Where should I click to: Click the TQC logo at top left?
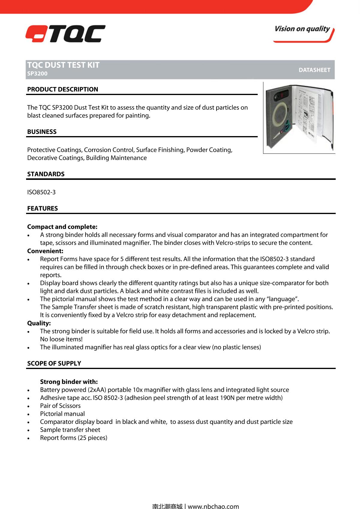click(65, 34)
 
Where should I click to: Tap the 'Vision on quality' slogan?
click(302, 29)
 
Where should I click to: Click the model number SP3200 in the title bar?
click(37, 74)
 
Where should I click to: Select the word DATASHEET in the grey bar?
click(314, 70)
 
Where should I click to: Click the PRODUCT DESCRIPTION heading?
click(62, 89)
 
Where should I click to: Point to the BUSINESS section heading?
click(42, 132)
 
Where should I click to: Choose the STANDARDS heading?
click(46, 174)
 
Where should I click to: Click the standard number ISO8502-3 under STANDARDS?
click(41, 192)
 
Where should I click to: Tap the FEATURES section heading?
click(42, 209)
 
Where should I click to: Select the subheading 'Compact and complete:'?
click(62, 227)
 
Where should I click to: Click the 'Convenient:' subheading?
click(45, 251)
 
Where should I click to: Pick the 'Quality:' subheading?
click(39, 323)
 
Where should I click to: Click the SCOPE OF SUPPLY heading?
click(54, 364)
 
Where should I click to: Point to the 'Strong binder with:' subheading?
click(69, 382)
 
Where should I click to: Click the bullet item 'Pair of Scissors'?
click(60, 406)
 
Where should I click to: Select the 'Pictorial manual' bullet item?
click(62, 414)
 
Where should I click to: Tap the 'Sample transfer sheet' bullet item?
click(70, 430)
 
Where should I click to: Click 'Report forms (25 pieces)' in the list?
click(73, 438)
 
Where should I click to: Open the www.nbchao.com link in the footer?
click(213, 506)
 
